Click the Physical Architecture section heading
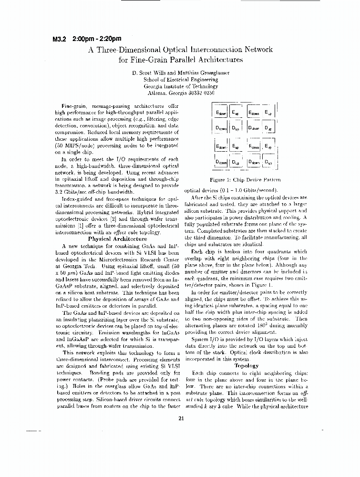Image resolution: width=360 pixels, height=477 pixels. click(x=117, y=238)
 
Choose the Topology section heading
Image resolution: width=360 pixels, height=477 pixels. click(x=246, y=365)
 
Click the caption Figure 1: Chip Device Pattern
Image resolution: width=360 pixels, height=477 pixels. click(x=245, y=180)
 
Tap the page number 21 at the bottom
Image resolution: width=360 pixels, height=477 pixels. click(x=181, y=419)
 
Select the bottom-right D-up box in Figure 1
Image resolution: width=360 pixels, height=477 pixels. click(x=268, y=163)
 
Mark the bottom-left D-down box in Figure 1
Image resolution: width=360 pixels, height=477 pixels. click(x=221, y=163)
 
